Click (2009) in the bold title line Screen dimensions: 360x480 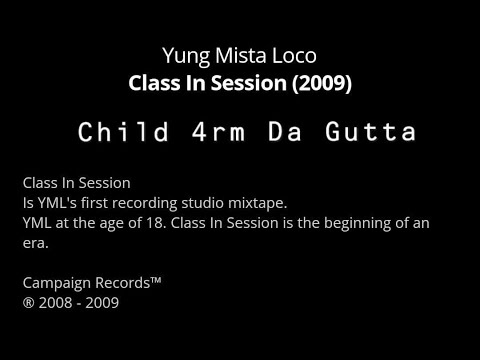(321, 83)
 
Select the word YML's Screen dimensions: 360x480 (55, 202)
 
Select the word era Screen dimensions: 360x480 (34, 242)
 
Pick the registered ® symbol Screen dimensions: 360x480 (27, 302)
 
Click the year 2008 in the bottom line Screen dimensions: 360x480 (54, 302)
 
